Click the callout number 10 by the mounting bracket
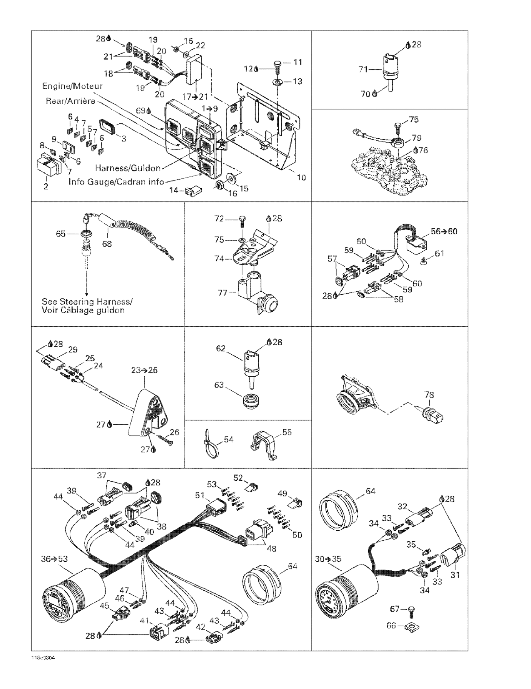(301, 178)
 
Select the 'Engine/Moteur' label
(72, 86)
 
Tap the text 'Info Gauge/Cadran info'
(116, 182)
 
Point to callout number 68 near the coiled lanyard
(107, 244)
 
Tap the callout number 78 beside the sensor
(429, 395)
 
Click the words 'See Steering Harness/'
(87, 302)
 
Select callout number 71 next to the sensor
(363, 69)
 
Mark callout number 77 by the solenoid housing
(222, 293)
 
